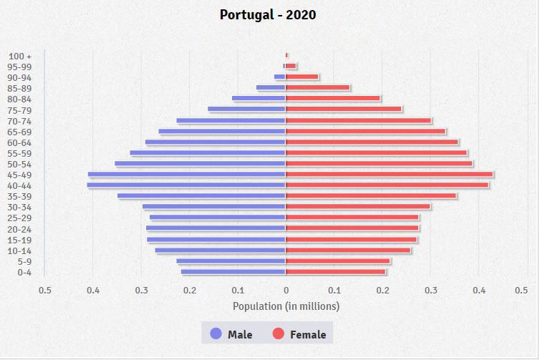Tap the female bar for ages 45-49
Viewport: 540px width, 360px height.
389,175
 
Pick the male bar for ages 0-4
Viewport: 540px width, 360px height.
233,272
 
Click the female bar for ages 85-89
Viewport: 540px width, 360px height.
317,88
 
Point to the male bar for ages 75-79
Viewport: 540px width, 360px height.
246,110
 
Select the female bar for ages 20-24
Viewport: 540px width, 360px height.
352,228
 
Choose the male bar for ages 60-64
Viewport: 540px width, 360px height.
215,142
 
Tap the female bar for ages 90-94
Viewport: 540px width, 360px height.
302,77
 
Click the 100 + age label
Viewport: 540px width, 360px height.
20,57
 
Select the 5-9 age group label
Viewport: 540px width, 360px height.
24,261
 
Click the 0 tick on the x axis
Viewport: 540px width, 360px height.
286,290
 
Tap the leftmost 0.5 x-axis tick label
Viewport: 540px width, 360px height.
45,290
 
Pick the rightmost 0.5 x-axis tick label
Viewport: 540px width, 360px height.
521,290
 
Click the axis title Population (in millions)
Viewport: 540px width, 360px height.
286,306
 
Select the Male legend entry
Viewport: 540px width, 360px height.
231,334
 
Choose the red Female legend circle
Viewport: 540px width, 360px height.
279,334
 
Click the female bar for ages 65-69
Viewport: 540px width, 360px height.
365,132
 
